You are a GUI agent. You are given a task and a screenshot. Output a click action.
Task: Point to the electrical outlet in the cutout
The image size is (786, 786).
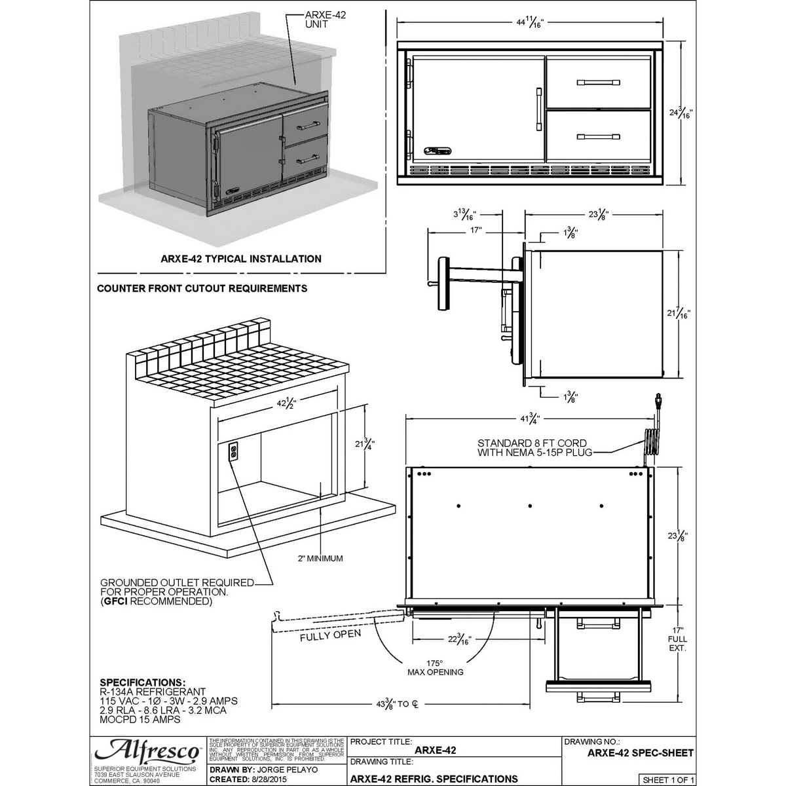click(233, 453)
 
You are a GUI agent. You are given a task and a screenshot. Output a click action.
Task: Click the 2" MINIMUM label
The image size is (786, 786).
click(319, 558)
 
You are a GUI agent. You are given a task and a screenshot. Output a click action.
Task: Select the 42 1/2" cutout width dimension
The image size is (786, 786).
click(286, 403)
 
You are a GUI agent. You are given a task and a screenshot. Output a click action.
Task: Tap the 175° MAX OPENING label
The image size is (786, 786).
click(435, 667)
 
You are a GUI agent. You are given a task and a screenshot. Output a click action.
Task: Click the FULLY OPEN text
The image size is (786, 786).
click(330, 635)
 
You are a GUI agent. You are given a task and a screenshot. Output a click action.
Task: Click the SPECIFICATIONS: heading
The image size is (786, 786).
click(142, 682)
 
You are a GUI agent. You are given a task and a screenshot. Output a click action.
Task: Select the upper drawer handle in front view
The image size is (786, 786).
click(598, 83)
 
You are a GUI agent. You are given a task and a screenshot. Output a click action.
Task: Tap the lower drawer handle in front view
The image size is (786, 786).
click(598, 137)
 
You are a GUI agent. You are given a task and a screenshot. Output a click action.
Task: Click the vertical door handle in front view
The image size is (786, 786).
click(538, 109)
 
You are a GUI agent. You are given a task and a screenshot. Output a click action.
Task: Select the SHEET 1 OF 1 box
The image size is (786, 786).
click(667, 779)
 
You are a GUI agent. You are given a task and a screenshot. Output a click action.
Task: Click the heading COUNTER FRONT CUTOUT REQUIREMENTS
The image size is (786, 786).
click(202, 288)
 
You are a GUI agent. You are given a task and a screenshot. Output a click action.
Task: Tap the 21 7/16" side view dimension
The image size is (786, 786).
click(679, 314)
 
